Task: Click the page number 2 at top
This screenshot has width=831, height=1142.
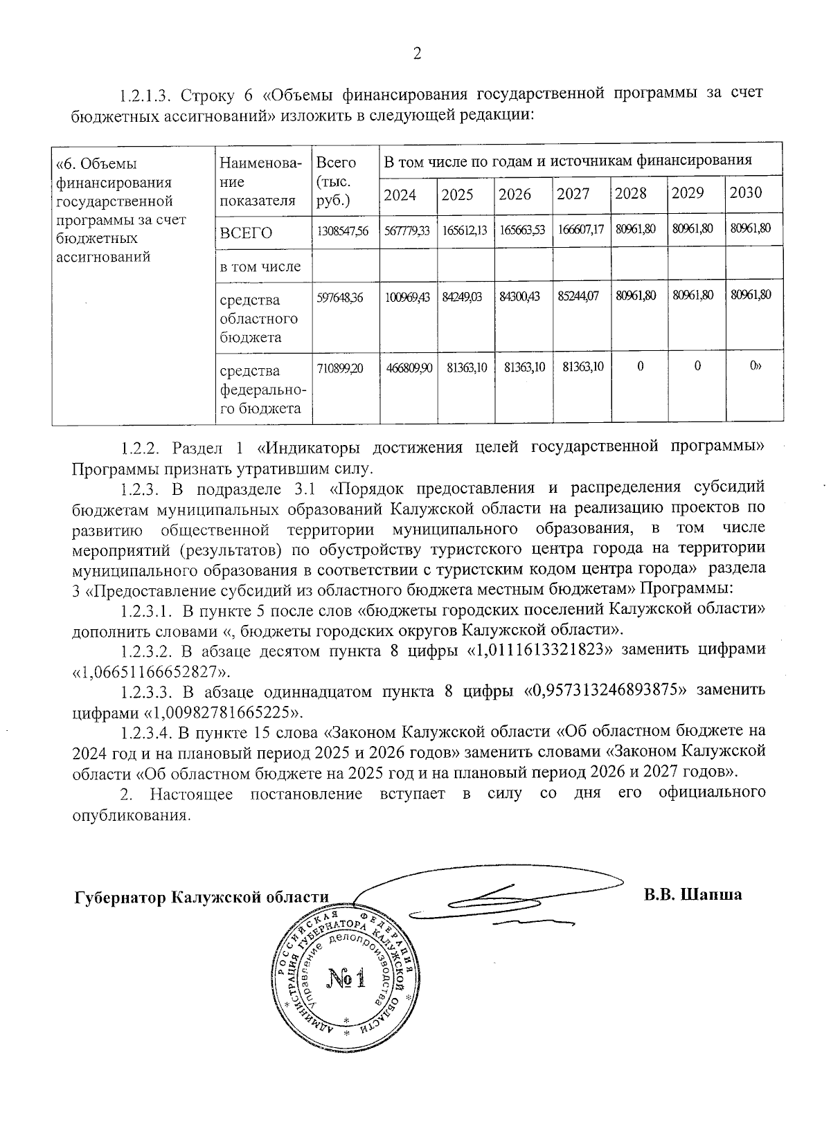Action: click(417, 54)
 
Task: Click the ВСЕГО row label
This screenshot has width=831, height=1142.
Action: click(247, 233)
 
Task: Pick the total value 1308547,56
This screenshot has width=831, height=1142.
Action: click(343, 230)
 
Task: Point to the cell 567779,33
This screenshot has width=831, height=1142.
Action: click(407, 230)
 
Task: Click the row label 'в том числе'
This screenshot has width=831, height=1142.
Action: click(260, 266)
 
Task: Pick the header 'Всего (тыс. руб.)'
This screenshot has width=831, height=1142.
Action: click(335, 181)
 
